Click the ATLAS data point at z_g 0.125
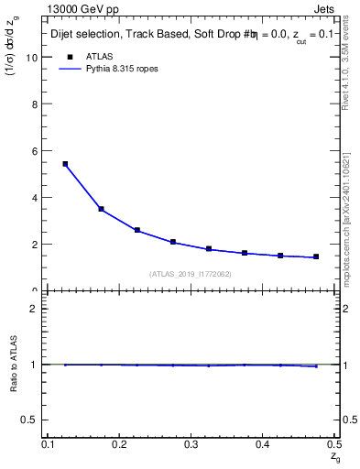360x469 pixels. pyautogui.click(x=65, y=164)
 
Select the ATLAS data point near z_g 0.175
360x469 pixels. pyautogui.click(x=101, y=209)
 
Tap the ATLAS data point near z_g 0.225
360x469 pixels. pyautogui.click(x=136, y=230)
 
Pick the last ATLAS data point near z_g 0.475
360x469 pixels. pyautogui.click(x=316, y=256)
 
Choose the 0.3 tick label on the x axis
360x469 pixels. pyautogui.click(x=191, y=443)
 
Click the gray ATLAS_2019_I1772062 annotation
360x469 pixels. pyautogui.click(x=191, y=274)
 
